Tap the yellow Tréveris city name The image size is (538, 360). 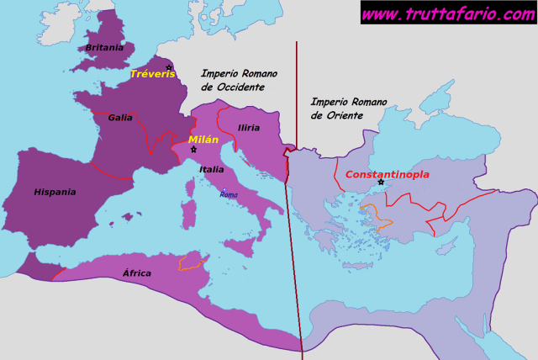[151, 75]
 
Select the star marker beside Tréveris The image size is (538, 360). [168, 67]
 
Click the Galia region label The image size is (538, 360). [120, 118]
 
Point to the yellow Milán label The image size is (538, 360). [203, 139]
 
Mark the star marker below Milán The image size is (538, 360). [193, 150]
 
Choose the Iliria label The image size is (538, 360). [248, 128]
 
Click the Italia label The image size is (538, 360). [212, 169]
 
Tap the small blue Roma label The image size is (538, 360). [228, 194]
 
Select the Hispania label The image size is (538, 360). [55, 192]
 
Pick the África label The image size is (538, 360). [137, 273]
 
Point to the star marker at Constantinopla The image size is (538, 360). [381, 183]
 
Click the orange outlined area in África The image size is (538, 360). [192, 262]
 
